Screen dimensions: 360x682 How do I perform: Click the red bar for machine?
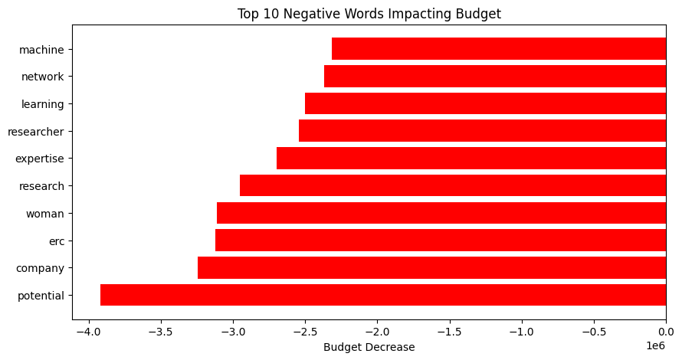coord(498,49)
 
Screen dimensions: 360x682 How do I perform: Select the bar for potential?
coord(383,295)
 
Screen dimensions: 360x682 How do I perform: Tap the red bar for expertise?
coord(471,159)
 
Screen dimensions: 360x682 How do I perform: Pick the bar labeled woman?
coord(441,213)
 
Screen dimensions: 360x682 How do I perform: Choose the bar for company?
coord(431,268)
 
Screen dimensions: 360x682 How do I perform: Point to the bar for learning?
coord(485,103)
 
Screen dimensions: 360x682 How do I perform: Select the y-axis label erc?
coord(55,241)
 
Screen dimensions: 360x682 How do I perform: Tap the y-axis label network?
coord(43,77)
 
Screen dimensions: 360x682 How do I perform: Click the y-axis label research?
coord(42,186)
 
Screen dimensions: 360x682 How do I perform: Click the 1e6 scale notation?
coord(654,345)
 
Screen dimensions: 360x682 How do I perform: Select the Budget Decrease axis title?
coord(369,347)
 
